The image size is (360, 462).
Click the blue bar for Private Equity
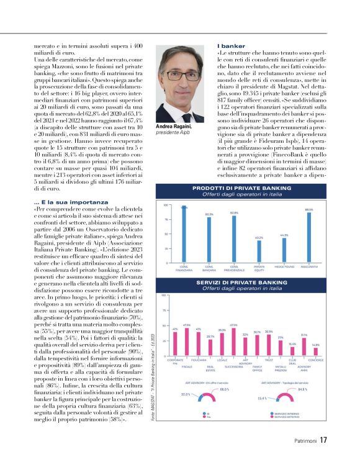(259, 251)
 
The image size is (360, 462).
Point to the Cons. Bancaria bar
(209, 239)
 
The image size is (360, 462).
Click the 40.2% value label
(259, 238)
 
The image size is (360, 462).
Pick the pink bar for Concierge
(315, 351)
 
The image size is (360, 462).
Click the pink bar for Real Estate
(210, 348)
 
